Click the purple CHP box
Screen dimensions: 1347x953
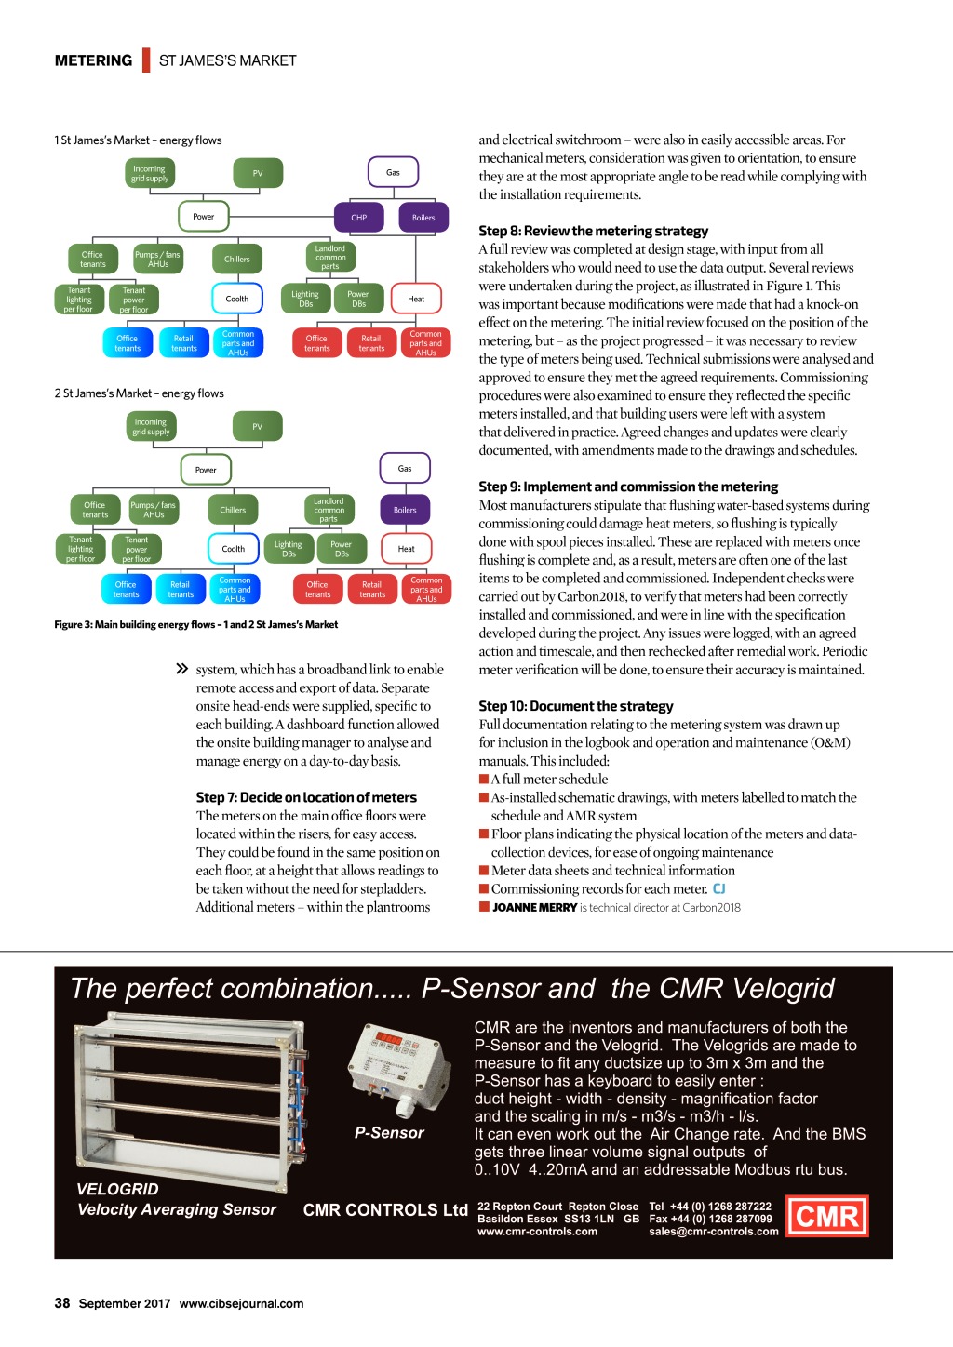(358, 217)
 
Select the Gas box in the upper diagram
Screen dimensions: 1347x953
(393, 172)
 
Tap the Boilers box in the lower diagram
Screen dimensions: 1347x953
(405, 510)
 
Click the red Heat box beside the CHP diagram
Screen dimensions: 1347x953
(416, 299)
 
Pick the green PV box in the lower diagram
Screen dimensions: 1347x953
(257, 426)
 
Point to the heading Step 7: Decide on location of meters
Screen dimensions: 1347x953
(306, 797)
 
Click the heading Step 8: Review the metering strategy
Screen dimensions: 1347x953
(593, 231)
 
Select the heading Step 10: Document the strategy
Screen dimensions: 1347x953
(575, 706)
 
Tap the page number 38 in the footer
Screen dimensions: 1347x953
(62, 1302)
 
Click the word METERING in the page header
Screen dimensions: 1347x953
(93, 60)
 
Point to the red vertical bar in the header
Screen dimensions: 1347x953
(146, 60)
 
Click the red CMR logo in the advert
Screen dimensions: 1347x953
(827, 1216)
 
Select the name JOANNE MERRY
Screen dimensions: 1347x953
(534, 908)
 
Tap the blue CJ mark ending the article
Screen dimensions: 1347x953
(719, 889)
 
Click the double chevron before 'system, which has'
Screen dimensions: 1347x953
(182, 669)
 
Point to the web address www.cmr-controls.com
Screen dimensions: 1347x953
(537, 1232)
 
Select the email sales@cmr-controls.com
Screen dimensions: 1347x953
(714, 1232)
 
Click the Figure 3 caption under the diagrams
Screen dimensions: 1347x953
(195, 625)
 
